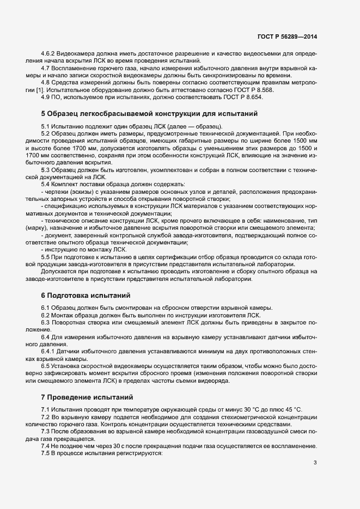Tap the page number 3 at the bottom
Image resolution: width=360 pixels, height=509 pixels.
tap(315, 463)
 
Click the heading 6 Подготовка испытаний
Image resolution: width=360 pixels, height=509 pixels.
tap(86, 296)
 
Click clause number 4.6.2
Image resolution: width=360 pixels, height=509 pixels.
tap(48, 53)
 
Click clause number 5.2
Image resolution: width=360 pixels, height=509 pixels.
tap(46, 133)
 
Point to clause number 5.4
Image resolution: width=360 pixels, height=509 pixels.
tap(46, 185)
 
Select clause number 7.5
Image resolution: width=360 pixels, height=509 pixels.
tap(46, 453)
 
